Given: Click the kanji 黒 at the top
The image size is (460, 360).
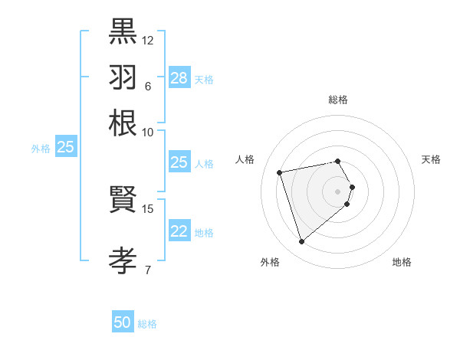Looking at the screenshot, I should (123, 33).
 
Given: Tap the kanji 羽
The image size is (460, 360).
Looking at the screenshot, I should (123, 78).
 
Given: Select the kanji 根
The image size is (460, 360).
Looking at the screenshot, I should (123, 123).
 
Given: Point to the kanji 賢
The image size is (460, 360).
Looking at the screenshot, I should (123, 201).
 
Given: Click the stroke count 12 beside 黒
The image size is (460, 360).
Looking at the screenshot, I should (148, 40).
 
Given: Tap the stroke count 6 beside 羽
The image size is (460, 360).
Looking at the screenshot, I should (147, 86).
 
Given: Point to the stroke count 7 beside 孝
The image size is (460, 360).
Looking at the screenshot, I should (147, 269).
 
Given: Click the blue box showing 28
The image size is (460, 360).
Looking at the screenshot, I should (179, 78).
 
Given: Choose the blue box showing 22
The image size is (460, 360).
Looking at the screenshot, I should (179, 232).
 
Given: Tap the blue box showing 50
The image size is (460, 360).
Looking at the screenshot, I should (123, 323).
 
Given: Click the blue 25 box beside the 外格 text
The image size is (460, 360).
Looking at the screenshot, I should (66, 148).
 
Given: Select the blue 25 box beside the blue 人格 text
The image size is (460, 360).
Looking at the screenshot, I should (179, 162).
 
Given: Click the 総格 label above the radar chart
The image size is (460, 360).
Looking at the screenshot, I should (338, 100).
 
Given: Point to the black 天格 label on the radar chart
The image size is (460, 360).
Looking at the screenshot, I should (431, 159).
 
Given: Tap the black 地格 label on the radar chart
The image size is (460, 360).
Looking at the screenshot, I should (402, 262).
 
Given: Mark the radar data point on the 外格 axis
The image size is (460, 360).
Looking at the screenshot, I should (301, 242).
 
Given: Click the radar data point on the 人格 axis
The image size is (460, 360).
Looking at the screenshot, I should (280, 172).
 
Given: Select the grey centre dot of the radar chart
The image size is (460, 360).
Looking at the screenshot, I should (338, 191).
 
